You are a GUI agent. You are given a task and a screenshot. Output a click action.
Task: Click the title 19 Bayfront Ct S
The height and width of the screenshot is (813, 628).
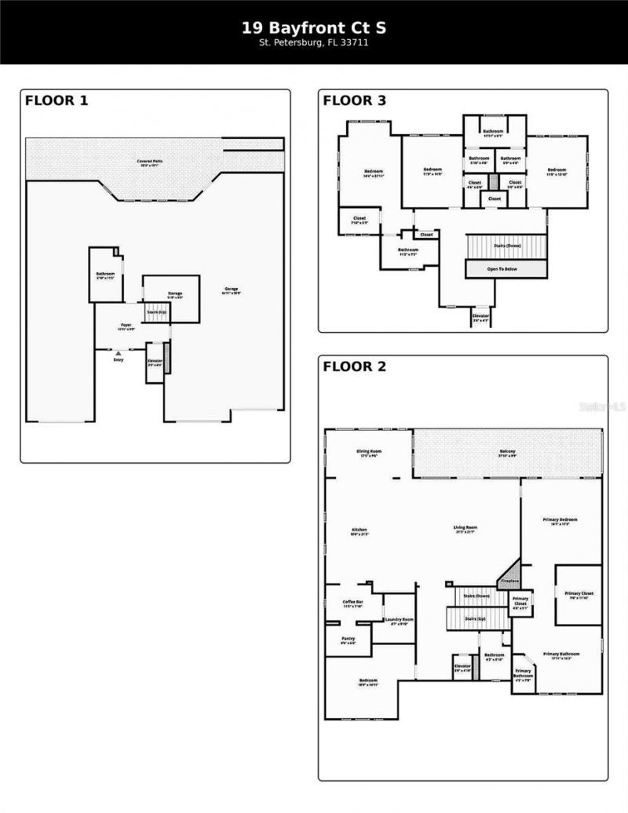(x=314, y=27)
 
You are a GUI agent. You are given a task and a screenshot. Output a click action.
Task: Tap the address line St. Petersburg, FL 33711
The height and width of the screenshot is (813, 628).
(x=314, y=43)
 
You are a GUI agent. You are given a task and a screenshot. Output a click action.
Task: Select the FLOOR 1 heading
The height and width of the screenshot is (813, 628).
(x=57, y=100)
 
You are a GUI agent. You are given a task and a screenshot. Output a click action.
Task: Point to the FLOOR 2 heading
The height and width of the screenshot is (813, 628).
(x=355, y=366)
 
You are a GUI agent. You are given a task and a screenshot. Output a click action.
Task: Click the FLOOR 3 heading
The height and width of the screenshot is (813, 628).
(x=355, y=100)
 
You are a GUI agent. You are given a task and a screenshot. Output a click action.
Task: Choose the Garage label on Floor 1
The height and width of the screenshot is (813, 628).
(x=232, y=290)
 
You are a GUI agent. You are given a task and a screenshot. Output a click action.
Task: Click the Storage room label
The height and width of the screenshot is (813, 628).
(x=174, y=293)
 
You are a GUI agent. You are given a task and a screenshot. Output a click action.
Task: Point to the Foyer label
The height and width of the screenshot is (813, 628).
(x=126, y=324)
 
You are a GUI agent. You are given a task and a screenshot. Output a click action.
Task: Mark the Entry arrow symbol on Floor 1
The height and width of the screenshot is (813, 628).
(x=119, y=354)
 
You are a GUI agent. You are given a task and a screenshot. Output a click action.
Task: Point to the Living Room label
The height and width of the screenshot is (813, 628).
(x=466, y=527)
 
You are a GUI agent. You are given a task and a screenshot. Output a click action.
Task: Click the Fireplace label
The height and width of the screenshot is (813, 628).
(x=509, y=581)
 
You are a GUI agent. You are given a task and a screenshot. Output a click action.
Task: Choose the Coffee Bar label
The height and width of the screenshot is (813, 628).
(x=352, y=602)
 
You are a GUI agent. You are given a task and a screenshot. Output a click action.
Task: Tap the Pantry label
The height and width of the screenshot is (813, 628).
(x=349, y=639)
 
